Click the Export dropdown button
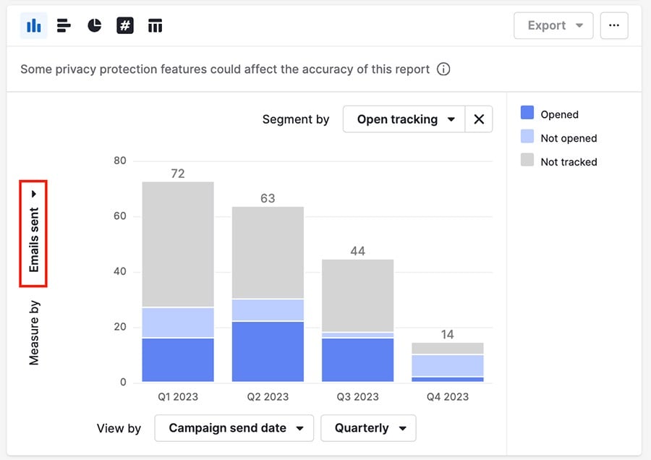tap(553, 25)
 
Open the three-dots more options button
tap(613, 25)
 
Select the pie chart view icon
tap(95, 26)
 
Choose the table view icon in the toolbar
tap(155, 26)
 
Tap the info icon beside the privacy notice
tap(444, 69)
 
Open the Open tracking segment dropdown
tap(404, 119)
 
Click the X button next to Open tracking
tap(478, 119)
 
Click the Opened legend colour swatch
tap(527, 113)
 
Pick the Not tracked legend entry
tap(568, 162)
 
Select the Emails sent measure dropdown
tap(33, 233)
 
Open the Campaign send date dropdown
tap(234, 428)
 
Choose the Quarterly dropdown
tap(368, 428)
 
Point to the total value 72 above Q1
tap(178, 174)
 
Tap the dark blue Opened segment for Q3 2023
tap(357, 359)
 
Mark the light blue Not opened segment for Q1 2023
tap(178, 323)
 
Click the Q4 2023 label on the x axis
tap(447, 396)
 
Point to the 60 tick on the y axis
tap(119, 216)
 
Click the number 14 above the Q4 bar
tap(447, 335)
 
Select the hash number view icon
tap(125, 26)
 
